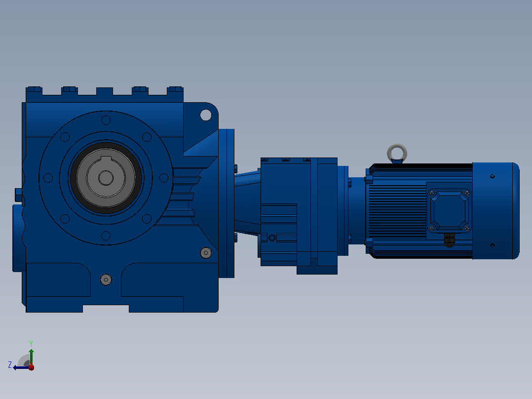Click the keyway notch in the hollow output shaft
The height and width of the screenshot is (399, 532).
coord(106,160)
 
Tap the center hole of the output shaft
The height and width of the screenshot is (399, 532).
coord(106,178)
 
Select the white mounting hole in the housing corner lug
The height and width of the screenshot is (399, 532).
coord(206,115)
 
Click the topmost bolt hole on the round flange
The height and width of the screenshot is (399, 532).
coord(106,120)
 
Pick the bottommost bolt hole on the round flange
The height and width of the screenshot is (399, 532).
coord(106,236)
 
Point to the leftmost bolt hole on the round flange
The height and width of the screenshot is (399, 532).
coord(48,178)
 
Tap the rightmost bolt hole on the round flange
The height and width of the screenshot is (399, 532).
coord(163,178)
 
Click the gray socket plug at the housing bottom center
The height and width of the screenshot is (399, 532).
coord(106,280)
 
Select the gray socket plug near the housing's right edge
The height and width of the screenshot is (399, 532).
coord(206,253)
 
